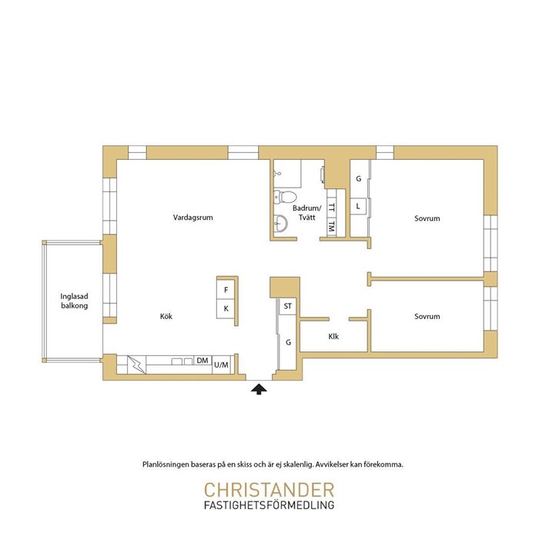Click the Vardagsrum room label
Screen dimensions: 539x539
192,218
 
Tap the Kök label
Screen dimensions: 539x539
166,316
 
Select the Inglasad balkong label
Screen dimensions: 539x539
75,301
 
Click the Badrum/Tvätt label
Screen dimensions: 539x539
306,213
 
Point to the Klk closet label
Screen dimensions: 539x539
333,336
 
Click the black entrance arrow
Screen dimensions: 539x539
259,389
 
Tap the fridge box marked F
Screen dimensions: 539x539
226,290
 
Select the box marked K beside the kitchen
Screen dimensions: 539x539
226,308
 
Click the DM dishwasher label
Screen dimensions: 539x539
203,361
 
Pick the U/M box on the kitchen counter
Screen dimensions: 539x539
221,364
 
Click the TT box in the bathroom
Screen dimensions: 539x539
331,208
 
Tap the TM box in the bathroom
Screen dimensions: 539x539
331,227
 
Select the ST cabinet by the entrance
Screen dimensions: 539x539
288,306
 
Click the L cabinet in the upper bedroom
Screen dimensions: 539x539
358,206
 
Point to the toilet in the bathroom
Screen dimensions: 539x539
285,197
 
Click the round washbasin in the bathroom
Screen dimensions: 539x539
280,224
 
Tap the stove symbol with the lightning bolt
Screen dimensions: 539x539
136,364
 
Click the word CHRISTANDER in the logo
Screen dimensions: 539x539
269,490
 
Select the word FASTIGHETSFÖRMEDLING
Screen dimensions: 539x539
269,505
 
